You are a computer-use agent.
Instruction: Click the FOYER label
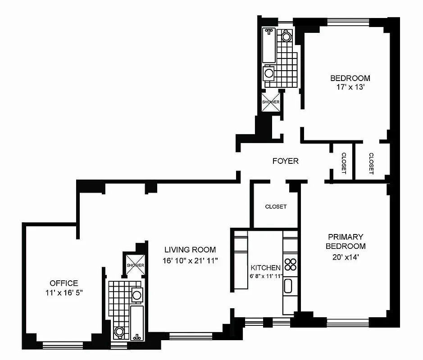[x=286, y=161]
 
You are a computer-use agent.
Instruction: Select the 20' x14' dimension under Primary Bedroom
[x=346, y=257]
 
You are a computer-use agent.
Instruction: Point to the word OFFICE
[x=64, y=283]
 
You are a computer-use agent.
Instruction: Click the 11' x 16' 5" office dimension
[x=64, y=292]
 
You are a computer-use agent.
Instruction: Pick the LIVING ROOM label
[x=190, y=250]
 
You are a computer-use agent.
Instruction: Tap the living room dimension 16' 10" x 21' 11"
[x=191, y=260]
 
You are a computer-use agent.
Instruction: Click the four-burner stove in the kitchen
[x=290, y=264]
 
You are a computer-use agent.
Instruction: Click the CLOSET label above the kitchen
[x=276, y=207]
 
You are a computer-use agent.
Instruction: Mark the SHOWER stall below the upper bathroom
[x=271, y=102]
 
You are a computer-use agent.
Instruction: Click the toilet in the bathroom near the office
[x=119, y=332]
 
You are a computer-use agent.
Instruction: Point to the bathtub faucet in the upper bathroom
[x=269, y=32]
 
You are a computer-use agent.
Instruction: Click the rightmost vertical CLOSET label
[x=371, y=163]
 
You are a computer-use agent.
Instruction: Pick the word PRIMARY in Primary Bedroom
[x=346, y=237]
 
